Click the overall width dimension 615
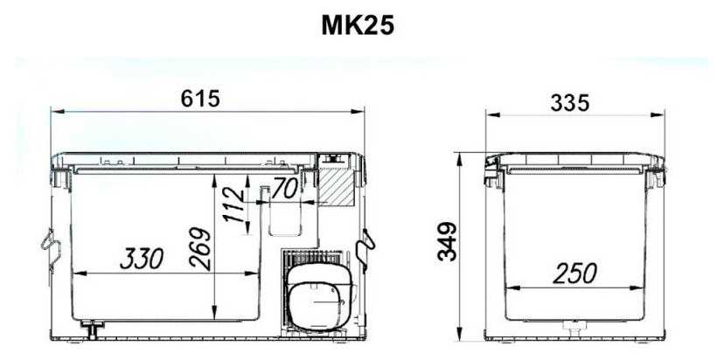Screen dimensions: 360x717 (200, 99)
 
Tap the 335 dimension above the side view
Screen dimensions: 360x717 (570, 103)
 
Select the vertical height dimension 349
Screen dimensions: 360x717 (448, 241)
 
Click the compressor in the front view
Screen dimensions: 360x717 (319, 300)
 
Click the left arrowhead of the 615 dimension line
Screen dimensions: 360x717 (54, 111)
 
